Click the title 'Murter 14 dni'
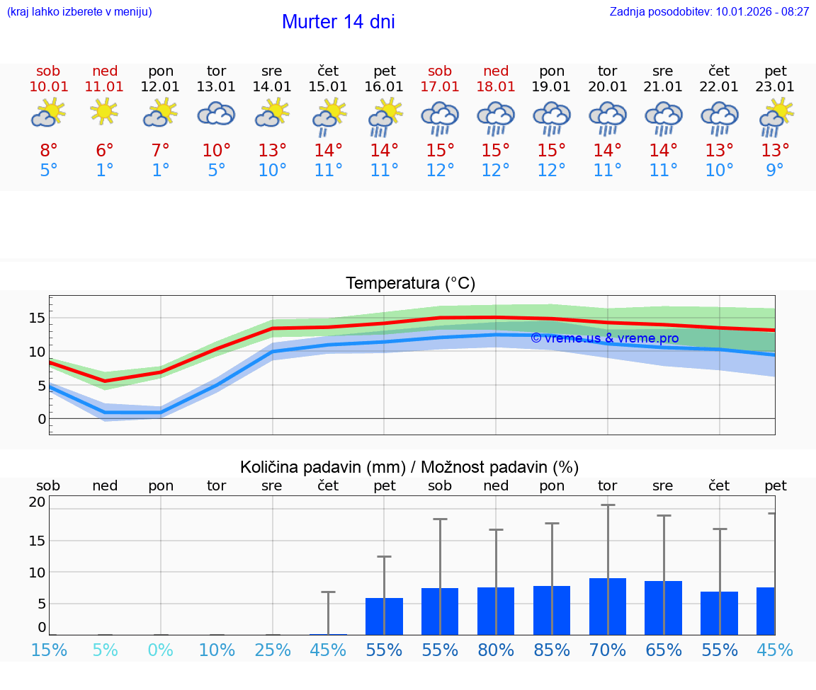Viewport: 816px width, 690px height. [338, 22]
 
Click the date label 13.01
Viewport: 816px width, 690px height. [216, 87]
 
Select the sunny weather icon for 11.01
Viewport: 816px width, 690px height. [105, 112]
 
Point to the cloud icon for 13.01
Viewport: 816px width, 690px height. [216, 113]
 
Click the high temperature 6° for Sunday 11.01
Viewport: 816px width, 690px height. [105, 151]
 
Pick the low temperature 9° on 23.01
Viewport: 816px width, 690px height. [776, 171]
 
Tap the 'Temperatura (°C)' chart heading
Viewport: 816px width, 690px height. [410, 284]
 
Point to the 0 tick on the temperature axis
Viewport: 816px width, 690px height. [42, 419]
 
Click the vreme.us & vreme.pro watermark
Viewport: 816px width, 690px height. [604, 338]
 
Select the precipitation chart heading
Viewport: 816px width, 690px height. [409, 467]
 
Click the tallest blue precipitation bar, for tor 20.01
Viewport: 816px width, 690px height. [608, 606]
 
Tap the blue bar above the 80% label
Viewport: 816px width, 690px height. [496, 611]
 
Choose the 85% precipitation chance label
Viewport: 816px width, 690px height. [552, 650]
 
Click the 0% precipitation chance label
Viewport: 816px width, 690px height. [161, 650]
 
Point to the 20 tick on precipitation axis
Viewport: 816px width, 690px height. [38, 502]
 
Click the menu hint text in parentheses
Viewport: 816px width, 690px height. [79, 12]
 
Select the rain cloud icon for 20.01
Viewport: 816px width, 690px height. [608, 117]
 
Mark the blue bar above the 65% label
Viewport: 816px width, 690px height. [664, 608]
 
